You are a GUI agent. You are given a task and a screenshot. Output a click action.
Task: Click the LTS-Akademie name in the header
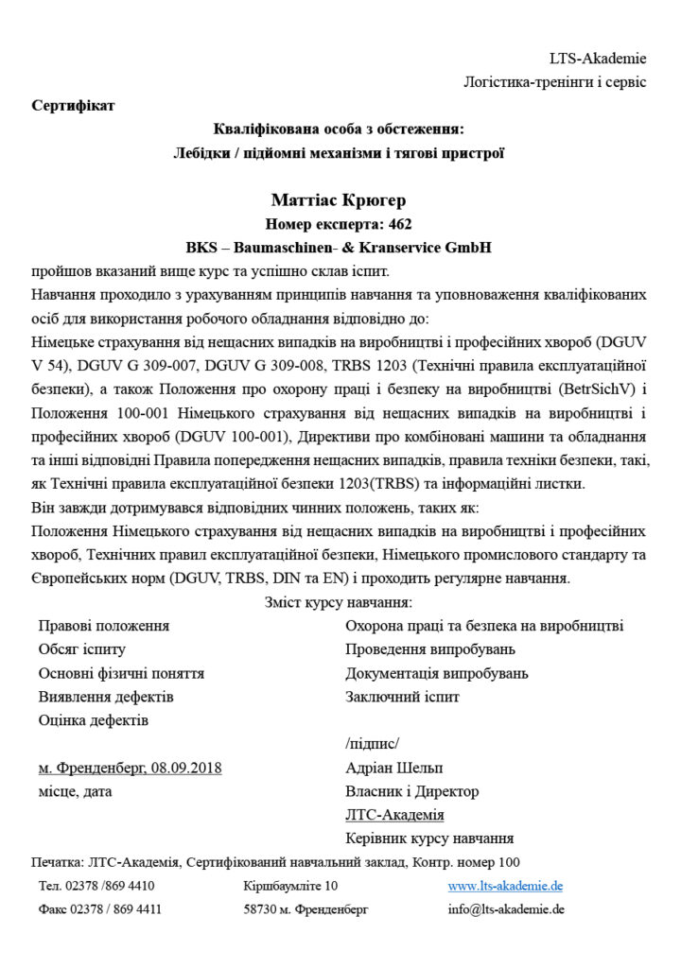pyautogui.click(x=598, y=59)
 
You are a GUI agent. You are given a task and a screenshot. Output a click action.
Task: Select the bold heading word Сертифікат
pyautogui.click(x=73, y=105)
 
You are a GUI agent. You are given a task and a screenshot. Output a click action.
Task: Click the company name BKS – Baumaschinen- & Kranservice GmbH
pyautogui.click(x=340, y=248)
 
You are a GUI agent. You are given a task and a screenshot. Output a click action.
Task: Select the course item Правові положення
pyautogui.click(x=104, y=626)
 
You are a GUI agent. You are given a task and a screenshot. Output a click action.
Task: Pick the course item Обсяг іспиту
pyautogui.click(x=81, y=649)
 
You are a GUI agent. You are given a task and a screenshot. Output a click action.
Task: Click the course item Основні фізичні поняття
pyautogui.click(x=121, y=673)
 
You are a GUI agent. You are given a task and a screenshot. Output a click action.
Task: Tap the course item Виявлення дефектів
pyautogui.click(x=106, y=697)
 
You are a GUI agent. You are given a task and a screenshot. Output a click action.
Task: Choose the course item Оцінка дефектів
pyautogui.click(x=93, y=720)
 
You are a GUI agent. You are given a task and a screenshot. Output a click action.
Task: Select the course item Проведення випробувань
pyautogui.click(x=430, y=649)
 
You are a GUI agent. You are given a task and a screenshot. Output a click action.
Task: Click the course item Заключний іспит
pyautogui.click(x=402, y=697)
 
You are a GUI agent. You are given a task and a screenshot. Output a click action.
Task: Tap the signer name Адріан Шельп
pyautogui.click(x=394, y=768)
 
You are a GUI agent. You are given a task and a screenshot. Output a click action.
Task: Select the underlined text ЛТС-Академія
pyautogui.click(x=394, y=815)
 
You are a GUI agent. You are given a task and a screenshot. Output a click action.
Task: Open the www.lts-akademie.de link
pyautogui.click(x=505, y=886)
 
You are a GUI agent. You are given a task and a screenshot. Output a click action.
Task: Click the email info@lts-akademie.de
pyautogui.click(x=506, y=909)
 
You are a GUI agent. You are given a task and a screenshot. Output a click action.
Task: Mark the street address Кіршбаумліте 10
pyautogui.click(x=289, y=886)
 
